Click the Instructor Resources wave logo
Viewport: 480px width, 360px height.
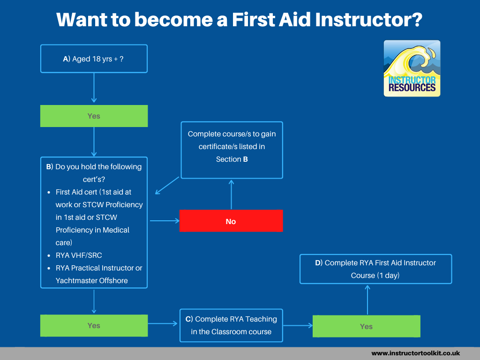pos(412,68)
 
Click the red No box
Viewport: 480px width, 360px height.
pos(231,221)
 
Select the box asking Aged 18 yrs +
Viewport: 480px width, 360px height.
pos(94,59)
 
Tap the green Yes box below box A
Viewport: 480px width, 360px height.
pos(94,116)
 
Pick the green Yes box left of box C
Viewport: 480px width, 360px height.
pos(94,325)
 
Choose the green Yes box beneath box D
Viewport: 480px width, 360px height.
pos(366,326)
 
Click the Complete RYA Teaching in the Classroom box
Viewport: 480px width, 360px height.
pos(231,325)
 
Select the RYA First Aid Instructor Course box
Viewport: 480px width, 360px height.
pos(375,269)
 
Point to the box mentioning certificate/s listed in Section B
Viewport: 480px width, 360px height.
pos(232,147)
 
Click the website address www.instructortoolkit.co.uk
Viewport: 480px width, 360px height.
pos(415,353)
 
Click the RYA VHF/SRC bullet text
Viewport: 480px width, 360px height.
pos(79,255)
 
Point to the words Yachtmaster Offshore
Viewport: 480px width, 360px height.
pos(91,280)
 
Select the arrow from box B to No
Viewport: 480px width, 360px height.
pos(164,221)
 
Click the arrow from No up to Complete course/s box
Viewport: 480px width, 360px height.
pos(231,194)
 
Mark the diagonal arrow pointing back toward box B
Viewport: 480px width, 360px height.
pos(167,186)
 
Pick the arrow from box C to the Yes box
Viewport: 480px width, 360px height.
pos(298,325)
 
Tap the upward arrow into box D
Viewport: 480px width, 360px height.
pos(367,300)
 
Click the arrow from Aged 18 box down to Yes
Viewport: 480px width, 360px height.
pos(94,88)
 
